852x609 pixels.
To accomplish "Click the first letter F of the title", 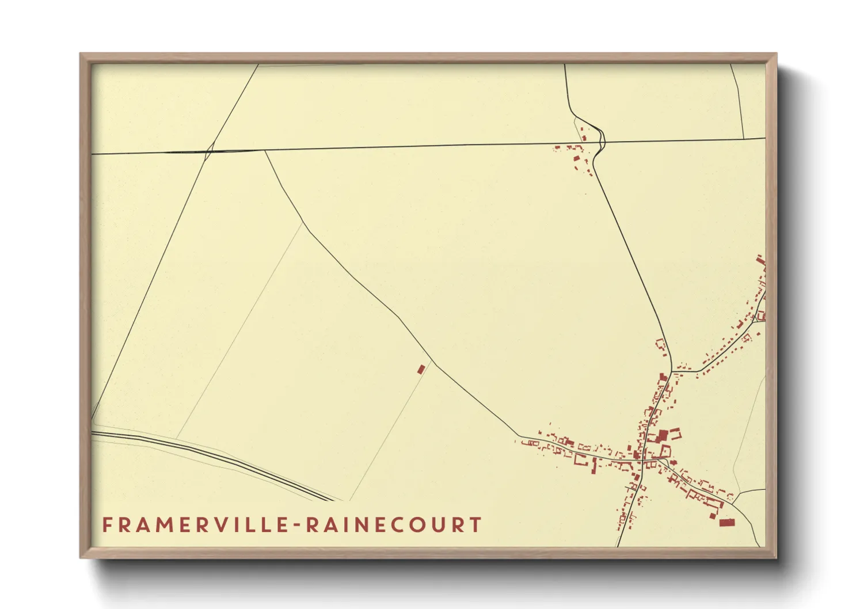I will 107,525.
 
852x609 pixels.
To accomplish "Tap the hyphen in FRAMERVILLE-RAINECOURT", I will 298,526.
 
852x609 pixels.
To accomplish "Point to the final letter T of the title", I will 476,525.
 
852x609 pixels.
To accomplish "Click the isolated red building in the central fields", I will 421,368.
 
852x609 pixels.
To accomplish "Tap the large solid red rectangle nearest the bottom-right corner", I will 727,522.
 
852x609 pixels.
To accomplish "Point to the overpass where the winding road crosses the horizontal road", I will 602,141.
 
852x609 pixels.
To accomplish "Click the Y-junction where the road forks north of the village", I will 672,371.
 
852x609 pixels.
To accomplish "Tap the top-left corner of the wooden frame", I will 81,54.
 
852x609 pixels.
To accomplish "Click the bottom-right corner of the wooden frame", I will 776,558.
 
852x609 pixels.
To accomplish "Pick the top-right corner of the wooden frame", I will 776,54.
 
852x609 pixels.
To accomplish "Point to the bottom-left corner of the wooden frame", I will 81,558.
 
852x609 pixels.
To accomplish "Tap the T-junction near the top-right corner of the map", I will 744,139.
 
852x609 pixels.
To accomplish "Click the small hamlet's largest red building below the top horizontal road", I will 577,157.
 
